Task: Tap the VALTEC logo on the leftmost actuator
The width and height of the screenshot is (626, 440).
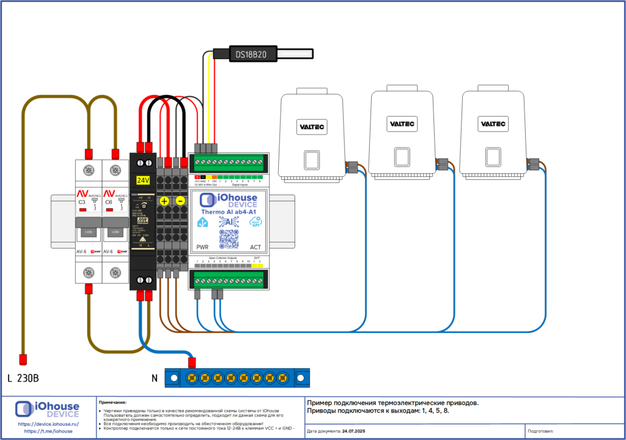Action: (x=312, y=127)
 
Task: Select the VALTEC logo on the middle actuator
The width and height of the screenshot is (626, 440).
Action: (x=403, y=124)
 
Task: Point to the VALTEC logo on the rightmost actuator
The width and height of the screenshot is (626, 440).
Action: (x=493, y=124)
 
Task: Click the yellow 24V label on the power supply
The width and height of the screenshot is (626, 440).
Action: (x=142, y=181)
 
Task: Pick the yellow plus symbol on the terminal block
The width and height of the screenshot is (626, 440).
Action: (x=164, y=201)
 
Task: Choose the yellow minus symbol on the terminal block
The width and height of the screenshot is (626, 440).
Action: (x=180, y=201)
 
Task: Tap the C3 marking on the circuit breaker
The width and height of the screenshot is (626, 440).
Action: (x=81, y=202)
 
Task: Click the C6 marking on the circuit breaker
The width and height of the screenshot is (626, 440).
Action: (x=108, y=202)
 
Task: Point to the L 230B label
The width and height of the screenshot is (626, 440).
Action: (x=23, y=378)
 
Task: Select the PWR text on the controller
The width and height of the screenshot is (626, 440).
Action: (x=203, y=247)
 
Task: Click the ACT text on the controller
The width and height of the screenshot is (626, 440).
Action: (x=256, y=247)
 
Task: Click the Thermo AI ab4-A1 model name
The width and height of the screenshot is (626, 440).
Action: (x=229, y=212)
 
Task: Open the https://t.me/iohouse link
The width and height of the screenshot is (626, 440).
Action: (x=48, y=431)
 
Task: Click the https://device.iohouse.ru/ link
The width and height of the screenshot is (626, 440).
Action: (x=48, y=423)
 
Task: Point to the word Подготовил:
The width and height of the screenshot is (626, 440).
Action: (x=540, y=432)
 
